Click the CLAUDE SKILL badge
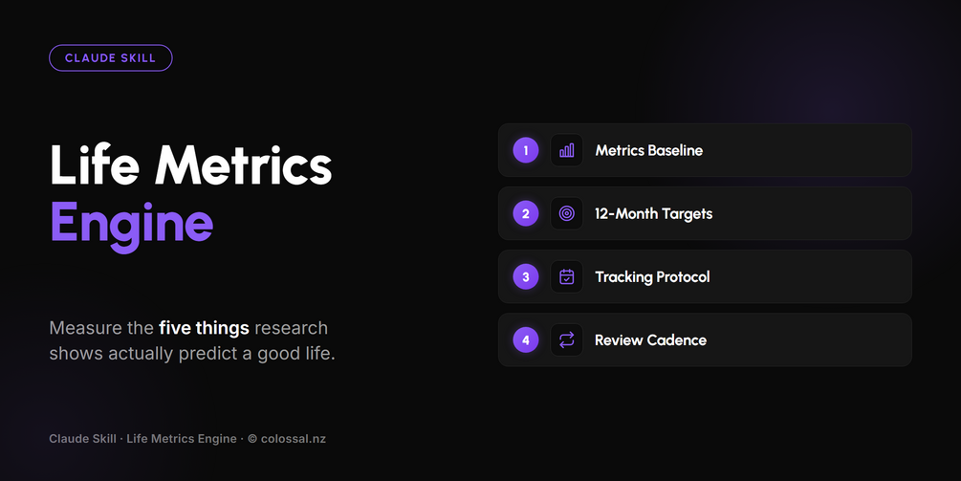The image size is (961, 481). tap(110, 58)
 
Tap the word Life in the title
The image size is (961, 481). tap(95, 164)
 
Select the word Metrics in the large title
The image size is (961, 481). tap(243, 164)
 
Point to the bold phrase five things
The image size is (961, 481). tap(204, 328)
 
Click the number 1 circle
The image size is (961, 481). tap(526, 150)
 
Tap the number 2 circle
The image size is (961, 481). tap(526, 213)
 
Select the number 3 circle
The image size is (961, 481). tap(526, 277)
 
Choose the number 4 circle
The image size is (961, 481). tap(526, 340)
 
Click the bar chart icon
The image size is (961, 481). tap(567, 150)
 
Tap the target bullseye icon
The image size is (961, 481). tap(567, 213)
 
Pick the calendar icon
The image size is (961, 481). tap(567, 277)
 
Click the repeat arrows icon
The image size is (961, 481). tap(567, 340)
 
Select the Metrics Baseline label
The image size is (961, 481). tap(649, 150)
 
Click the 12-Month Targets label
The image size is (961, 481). tap(654, 214)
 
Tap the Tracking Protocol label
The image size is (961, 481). tap(653, 277)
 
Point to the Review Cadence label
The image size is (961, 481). tap(651, 340)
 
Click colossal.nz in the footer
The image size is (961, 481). tap(294, 439)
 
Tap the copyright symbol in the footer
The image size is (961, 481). tap(252, 439)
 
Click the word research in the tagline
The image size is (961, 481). tap(291, 328)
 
